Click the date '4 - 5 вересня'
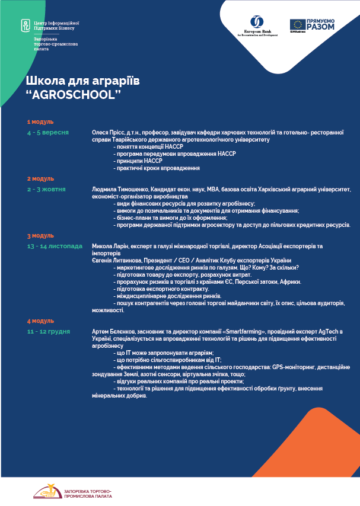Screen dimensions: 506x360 click(47, 132)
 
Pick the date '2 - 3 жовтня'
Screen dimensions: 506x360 click(46, 189)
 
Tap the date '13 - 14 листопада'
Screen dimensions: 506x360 click(55, 245)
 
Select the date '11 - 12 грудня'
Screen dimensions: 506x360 click(49, 331)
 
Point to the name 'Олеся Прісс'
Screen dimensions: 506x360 click(107, 132)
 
